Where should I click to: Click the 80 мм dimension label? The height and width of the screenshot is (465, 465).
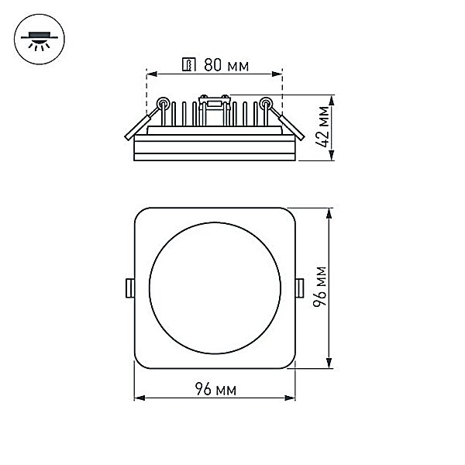226,65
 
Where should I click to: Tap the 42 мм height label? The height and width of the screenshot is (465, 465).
322,126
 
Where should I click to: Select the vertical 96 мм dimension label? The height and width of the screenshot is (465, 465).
320,287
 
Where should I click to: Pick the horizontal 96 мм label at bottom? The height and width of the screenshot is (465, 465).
216,389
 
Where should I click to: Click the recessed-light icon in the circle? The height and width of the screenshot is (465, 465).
40,40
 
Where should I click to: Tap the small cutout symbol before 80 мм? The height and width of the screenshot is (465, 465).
189,64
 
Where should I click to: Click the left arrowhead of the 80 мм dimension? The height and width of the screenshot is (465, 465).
152,74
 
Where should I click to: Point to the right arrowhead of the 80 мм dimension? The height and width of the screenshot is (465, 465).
277,74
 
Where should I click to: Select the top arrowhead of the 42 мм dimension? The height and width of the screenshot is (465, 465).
332,100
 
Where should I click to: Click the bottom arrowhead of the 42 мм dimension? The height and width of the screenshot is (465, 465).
332,156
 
